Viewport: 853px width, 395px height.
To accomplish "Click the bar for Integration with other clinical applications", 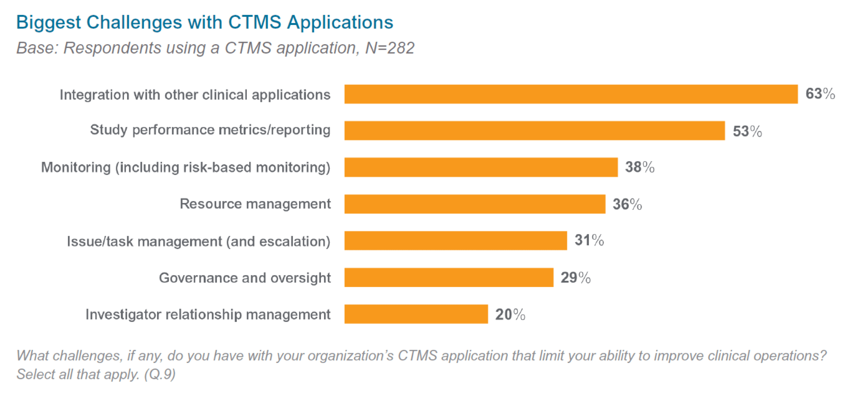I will (x=571, y=94).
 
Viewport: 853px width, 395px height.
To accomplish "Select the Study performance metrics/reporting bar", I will (x=534, y=130).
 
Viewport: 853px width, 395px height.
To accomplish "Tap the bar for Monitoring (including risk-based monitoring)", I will (x=481, y=167).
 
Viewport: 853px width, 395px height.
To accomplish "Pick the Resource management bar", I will (x=475, y=204).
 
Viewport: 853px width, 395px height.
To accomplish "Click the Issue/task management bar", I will (x=456, y=241).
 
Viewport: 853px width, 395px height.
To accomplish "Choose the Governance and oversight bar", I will (x=449, y=277).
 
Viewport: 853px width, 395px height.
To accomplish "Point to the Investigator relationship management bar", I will (x=416, y=314).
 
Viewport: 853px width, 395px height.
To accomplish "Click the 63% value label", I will (x=820, y=94).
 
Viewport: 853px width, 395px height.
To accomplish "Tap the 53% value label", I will (x=747, y=131).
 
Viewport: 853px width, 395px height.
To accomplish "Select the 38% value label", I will (x=639, y=167).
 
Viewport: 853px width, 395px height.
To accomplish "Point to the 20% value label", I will (x=510, y=314).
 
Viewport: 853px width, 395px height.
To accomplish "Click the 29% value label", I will (x=576, y=278).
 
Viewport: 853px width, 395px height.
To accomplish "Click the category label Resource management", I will (x=255, y=204).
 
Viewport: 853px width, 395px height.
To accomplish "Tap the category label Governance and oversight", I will (x=245, y=278).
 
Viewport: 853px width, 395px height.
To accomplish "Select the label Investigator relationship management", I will (x=208, y=314).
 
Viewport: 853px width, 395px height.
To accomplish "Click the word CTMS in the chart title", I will (x=254, y=22).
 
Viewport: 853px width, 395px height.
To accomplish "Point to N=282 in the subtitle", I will (x=390, y=48).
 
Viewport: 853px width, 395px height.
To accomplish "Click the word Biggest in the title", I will (x=48, y=23).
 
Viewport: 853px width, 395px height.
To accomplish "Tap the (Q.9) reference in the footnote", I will (x=160, y=374).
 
